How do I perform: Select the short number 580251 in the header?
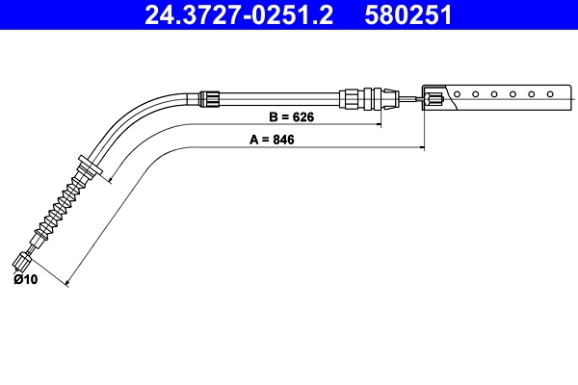click(407, 15)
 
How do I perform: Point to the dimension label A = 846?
click(271, 140)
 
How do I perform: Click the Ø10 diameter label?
click(25, 280)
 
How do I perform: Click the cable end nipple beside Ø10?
click(24, 259)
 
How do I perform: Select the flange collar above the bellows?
click(90, 169)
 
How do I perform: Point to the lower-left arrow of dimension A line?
click(67, 284)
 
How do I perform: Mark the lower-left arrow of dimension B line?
click(111, 180)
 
